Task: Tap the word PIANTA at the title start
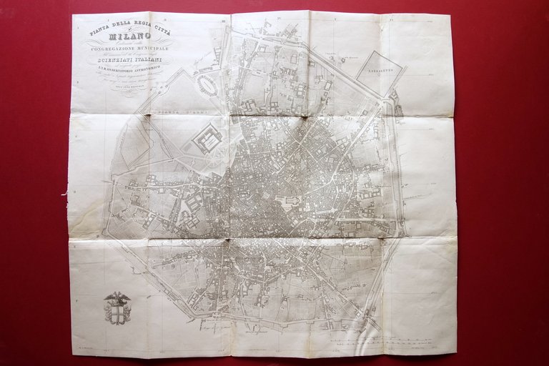click(x=100, y=30)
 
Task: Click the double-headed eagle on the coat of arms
click(x=117, y=298)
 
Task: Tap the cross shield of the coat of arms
click(x=117, y=312)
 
